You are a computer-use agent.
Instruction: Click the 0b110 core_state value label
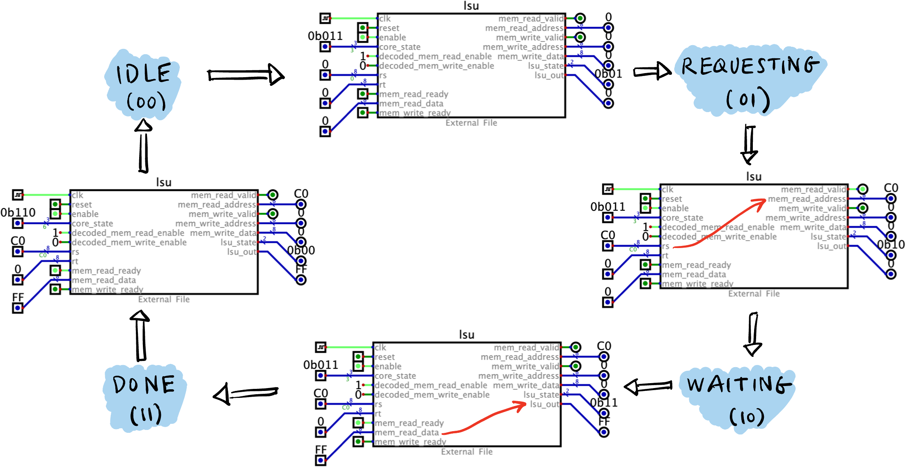(18, 213)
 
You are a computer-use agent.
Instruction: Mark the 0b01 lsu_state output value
(608, 74)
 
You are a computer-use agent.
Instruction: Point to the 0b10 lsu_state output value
(891, 245)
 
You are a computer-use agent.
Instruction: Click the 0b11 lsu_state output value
(604, 403)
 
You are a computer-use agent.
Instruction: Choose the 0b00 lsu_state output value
(301, 250)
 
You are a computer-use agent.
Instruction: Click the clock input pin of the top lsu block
(326, 18)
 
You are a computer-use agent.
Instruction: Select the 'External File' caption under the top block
(471, 123)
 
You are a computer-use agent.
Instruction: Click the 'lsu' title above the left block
(164, 182)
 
